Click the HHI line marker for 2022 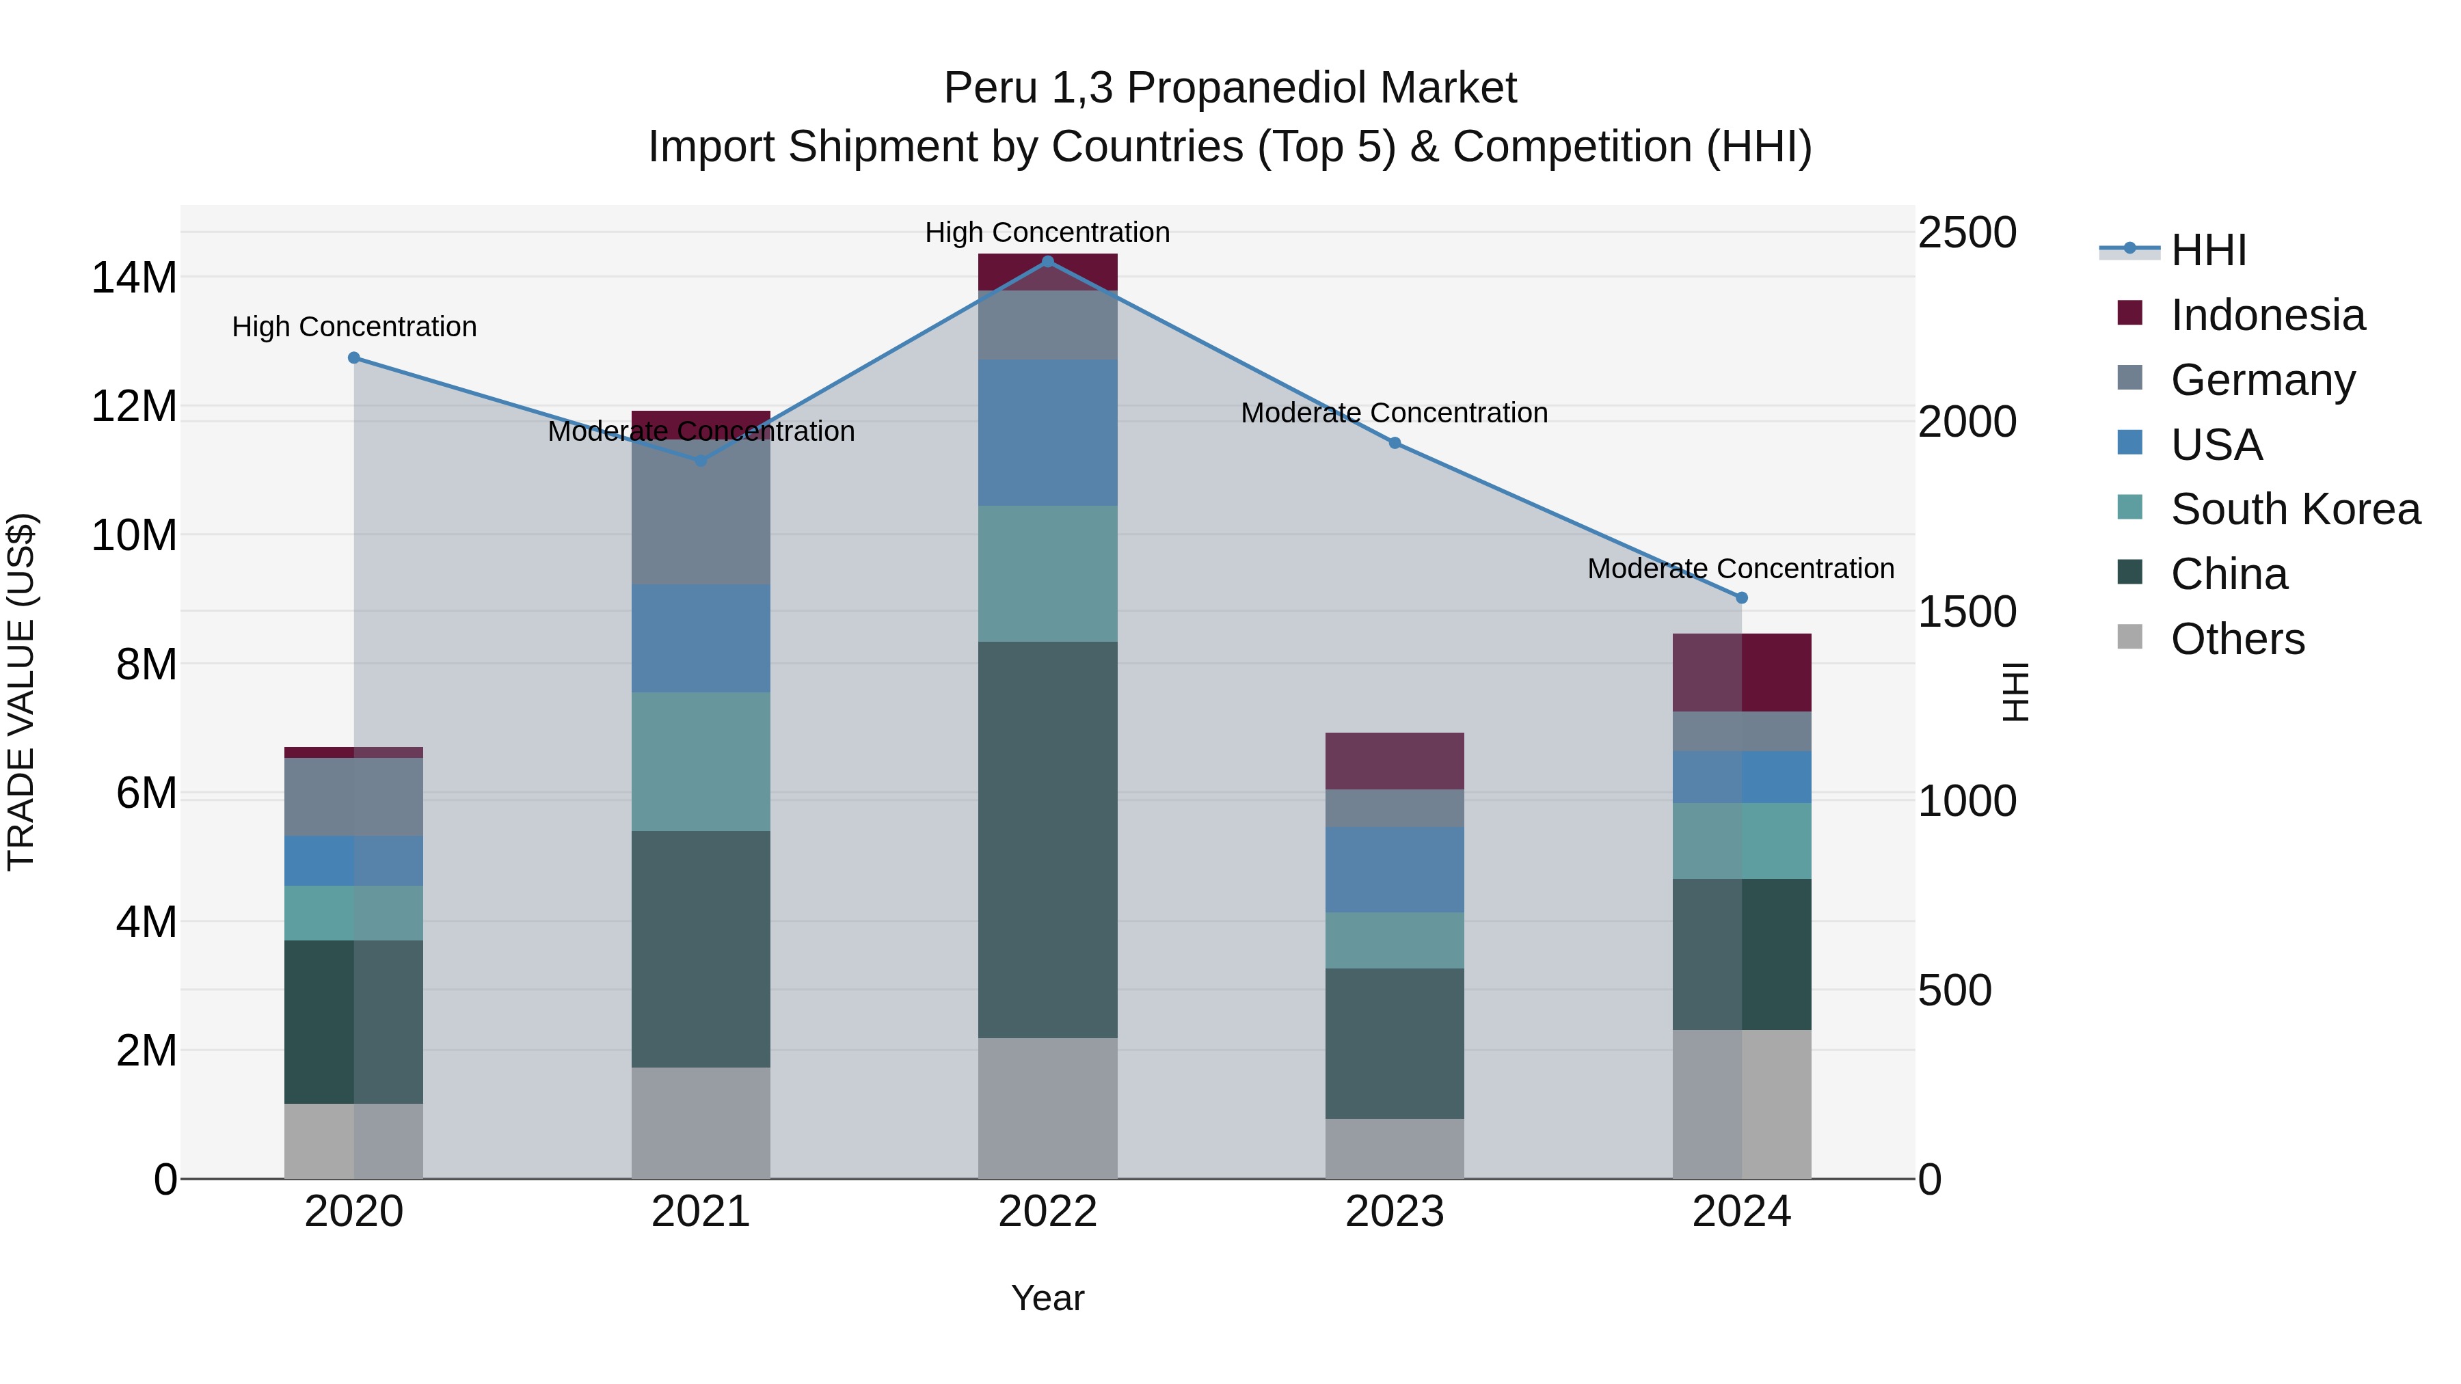point(1047,261)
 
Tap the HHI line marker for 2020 point(353,357)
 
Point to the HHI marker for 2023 point(1394,443)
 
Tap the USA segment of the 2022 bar point(1047,432)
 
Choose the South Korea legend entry point(2295,509)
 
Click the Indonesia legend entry point(2267,315)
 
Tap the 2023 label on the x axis point(1394,1212)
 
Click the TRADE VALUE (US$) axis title point(21,692)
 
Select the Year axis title point(1047,1298)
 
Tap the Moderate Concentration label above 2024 point(1740,569)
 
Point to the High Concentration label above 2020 point(353,327)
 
